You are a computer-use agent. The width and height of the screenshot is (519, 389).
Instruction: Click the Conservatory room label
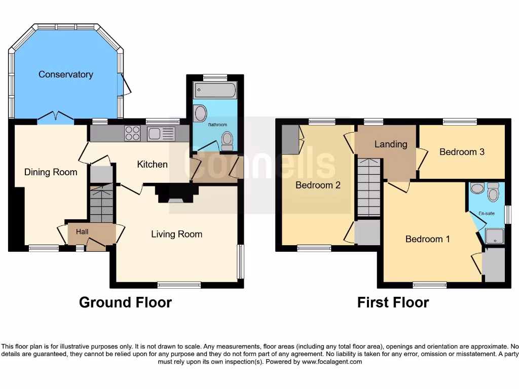tap(66, 74)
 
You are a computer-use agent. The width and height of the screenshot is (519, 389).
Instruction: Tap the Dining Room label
tap(51, 172)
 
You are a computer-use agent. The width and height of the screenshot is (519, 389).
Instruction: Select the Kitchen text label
tap(152, 164)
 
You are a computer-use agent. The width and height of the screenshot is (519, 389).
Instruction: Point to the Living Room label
tap(176, 234)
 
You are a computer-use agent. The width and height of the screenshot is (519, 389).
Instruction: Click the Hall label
tap(82, 231)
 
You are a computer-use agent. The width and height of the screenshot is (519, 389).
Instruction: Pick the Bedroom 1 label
tap(427, 239)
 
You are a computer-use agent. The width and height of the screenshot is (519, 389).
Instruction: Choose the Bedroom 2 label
tap(318, 185)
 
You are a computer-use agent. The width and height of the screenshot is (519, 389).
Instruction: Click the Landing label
tap(390, 144)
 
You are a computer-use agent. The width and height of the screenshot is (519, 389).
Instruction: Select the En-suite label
tap(487, 214)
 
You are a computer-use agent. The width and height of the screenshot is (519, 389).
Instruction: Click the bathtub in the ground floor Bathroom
tap(215, 91)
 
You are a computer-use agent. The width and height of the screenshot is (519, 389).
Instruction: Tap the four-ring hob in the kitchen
tap(132, 133)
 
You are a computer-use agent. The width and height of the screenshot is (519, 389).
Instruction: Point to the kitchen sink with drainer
tap(161, 134)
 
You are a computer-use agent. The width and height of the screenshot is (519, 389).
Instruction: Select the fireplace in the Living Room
tap(176, 194)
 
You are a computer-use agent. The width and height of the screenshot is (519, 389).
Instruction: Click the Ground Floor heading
tap(125, 302)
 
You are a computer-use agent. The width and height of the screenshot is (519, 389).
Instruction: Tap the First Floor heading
tap(393, 302)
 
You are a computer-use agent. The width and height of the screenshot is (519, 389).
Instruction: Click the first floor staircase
tap(368, 187)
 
